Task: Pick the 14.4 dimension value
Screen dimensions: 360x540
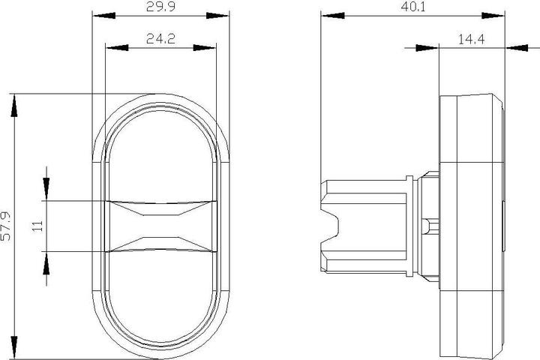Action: (x=472, y=40)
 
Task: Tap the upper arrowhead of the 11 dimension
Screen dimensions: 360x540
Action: (x=46, y=188)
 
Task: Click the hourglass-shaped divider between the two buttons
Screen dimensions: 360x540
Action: (x=160, y=226)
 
